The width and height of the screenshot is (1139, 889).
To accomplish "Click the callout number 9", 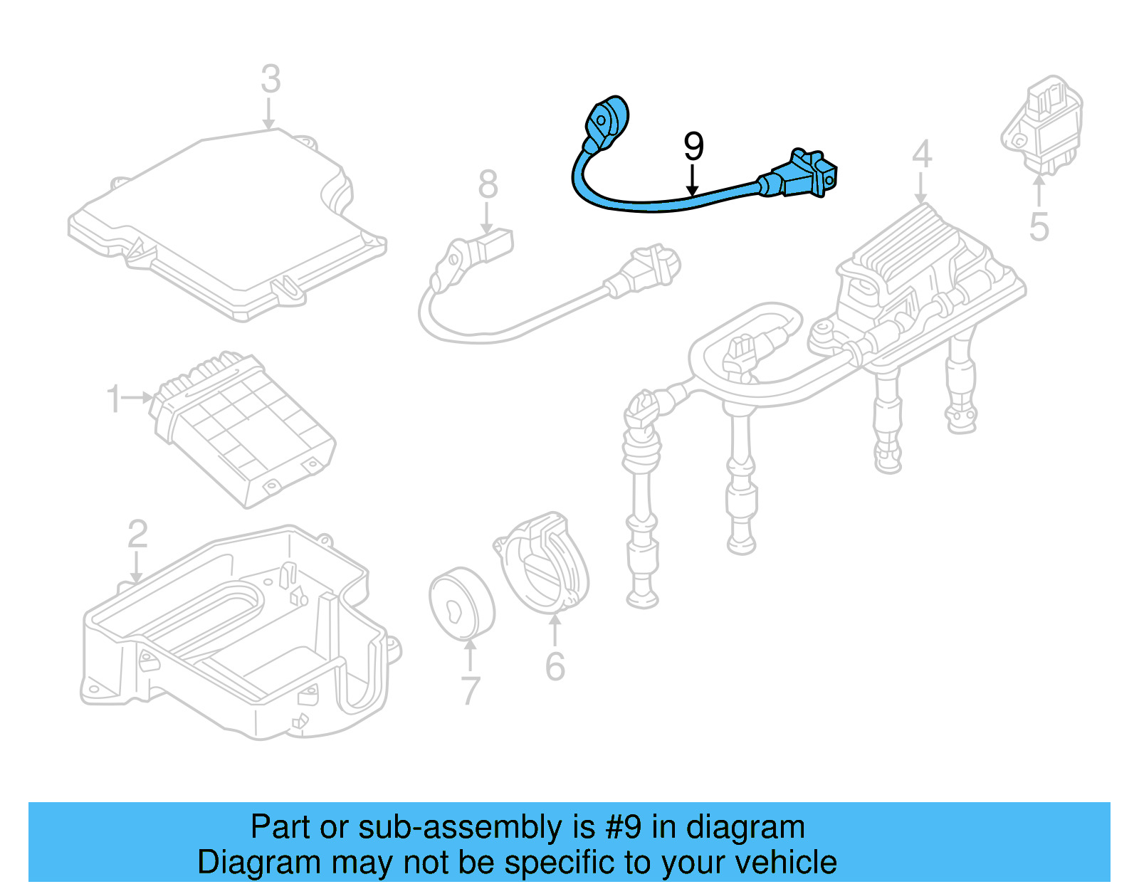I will tap(693, 147).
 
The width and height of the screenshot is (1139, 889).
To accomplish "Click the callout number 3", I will tap(271, 79).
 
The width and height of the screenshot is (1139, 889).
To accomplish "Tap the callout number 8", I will tap(488, 185).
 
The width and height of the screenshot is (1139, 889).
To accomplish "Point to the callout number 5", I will tap(1039, 227).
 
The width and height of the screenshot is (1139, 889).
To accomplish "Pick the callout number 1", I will tap(114, 399).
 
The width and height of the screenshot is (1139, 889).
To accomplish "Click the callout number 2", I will tap(137, 534).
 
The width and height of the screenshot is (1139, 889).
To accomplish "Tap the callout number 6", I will tap(555, 667).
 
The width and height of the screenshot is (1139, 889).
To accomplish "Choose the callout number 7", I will tap(471, 690).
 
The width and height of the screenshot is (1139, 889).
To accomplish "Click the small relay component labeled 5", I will tap(1043, 125).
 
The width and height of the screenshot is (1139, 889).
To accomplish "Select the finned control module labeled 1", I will tap(242, 427).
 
